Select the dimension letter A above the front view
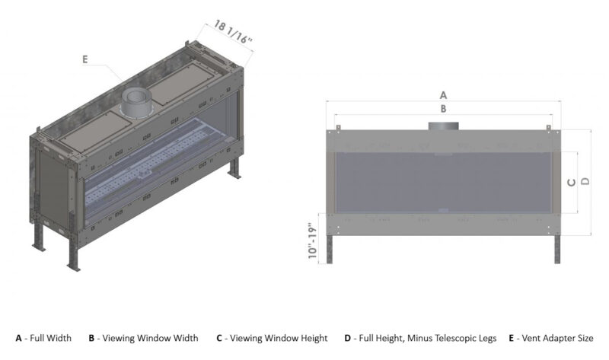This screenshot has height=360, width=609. [x=443, y=96]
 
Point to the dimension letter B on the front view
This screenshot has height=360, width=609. [x=443, y=110]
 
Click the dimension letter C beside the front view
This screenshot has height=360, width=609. [x=572, y=183]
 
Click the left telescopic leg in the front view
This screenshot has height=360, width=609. [x=331, y=248]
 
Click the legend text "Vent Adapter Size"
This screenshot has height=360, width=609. [x=559, y=337]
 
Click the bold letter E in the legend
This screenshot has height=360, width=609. [x=511, y=337]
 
